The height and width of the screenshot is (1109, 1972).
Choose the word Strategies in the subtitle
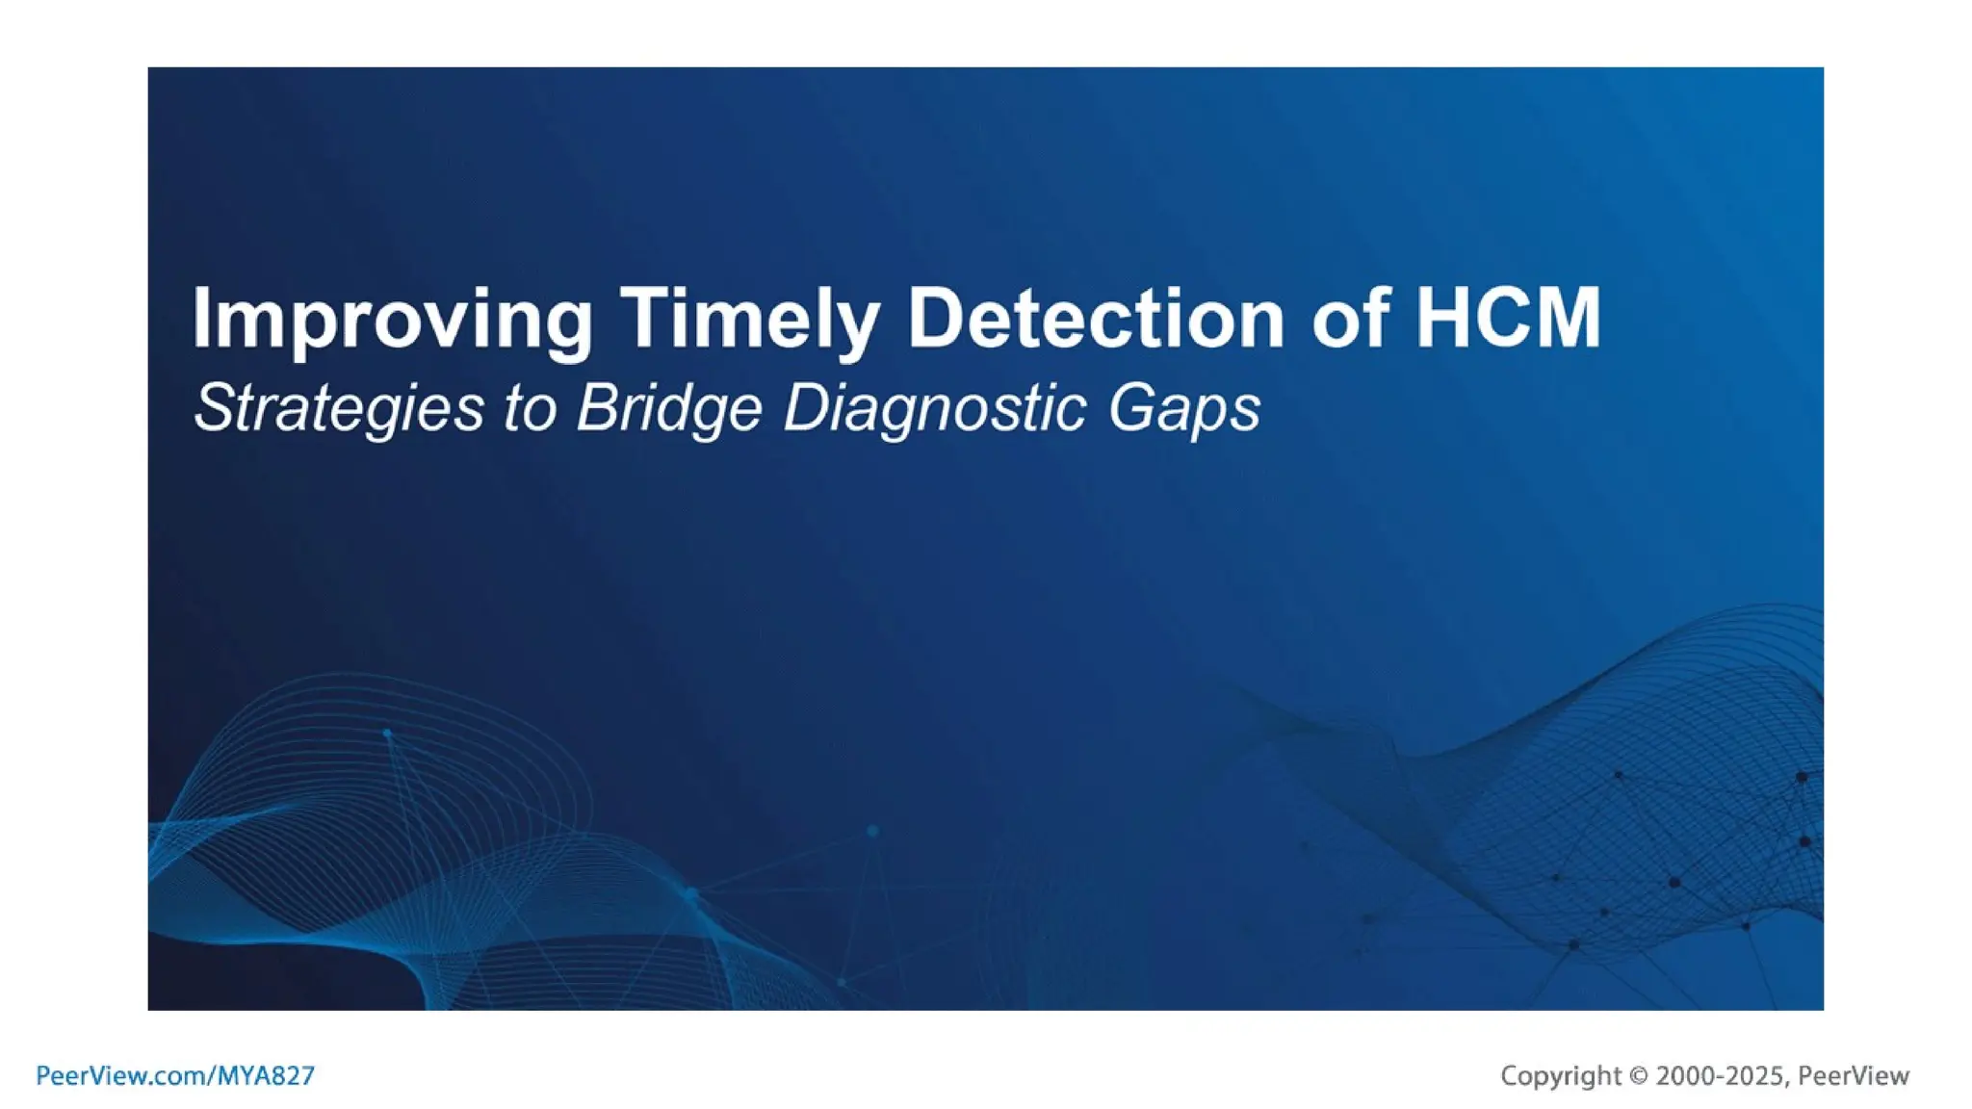point(338,408)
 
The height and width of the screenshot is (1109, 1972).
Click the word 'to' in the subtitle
point(529,408)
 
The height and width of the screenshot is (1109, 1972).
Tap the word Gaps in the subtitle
point(1183,408)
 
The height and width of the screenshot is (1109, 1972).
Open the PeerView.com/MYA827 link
point(175,1075)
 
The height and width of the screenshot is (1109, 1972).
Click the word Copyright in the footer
point(1561,1075)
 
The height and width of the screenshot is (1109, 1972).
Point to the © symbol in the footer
point(1639,1076)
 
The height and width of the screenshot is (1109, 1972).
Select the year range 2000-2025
point(1719,1075)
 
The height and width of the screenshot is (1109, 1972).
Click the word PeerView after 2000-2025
point(1854,1075)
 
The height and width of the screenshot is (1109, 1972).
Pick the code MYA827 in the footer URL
point(266,1075)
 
